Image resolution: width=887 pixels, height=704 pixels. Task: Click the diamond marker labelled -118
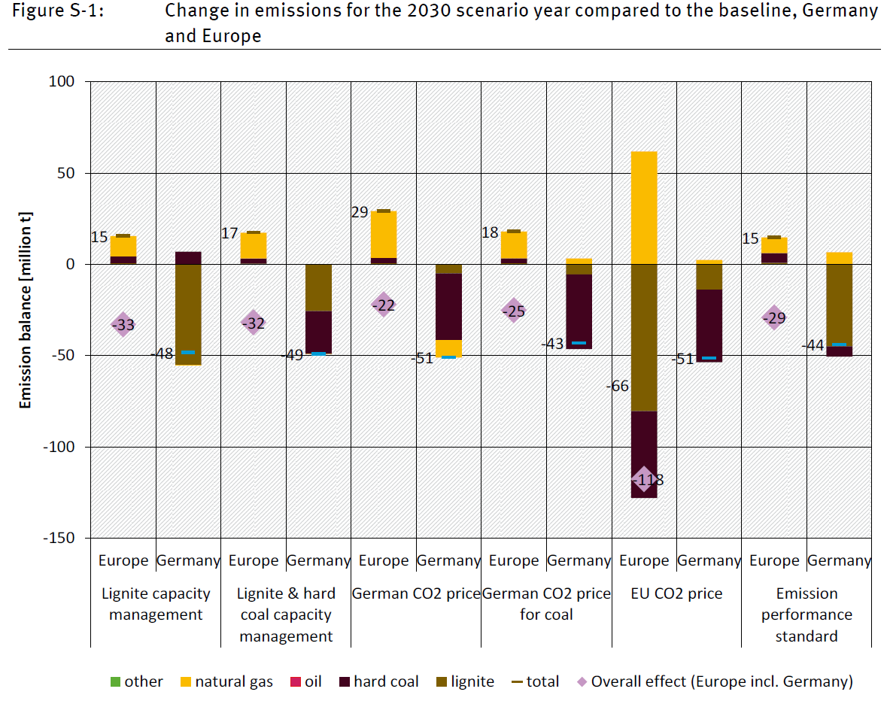[x=644, y=479]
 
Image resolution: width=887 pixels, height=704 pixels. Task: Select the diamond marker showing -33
[x=123, y=324]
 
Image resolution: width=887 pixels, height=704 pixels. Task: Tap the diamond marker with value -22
[x=384, y=305]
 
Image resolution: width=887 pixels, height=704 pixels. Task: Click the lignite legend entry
[x=463, y=681]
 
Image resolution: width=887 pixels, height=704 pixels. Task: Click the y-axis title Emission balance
[x=26, y=310]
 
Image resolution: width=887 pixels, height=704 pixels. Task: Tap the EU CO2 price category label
[x=676, y=593]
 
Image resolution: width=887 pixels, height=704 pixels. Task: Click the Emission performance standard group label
[x=807, y=614]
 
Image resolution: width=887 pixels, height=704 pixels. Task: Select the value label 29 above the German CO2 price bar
[x=359, y=212]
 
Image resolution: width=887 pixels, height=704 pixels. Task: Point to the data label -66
[x=617, y=387]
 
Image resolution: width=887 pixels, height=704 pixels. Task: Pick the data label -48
[x=163, y=354]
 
